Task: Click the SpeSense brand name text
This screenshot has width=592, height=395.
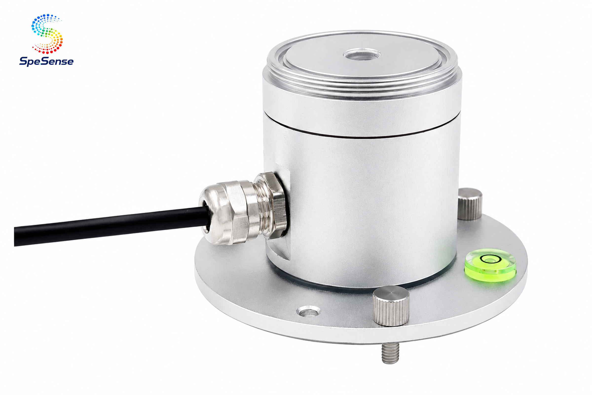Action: click(46, 61)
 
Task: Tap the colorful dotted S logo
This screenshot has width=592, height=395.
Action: click(47, 34)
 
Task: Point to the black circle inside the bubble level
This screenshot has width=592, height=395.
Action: click(488, 259)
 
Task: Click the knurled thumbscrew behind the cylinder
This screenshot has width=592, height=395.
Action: click(470, 204)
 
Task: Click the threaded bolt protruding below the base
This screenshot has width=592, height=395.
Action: click(390, 353)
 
